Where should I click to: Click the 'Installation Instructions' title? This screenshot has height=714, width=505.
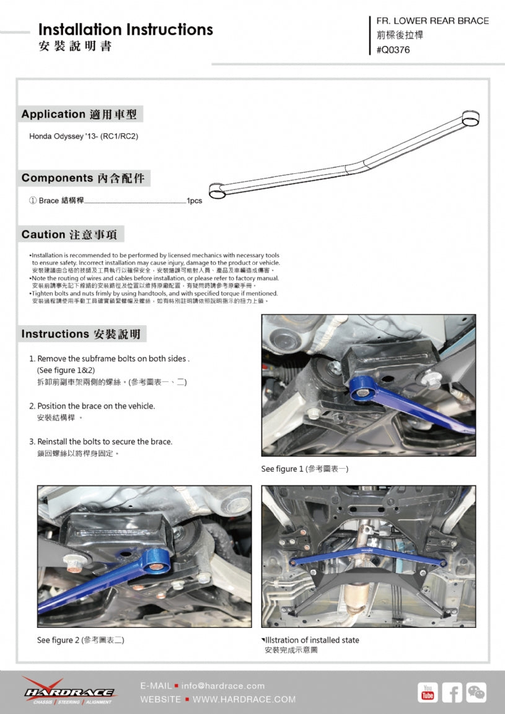(x=125, y=29)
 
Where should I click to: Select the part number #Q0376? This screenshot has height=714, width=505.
(x=393, y=50)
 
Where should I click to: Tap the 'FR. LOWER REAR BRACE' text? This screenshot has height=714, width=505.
(x=432, y=20)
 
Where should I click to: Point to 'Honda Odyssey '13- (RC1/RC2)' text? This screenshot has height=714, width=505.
(x=84, y=136)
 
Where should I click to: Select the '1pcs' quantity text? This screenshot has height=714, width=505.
(x=194, y=201)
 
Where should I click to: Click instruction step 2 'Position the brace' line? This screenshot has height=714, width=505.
(x=95, y=406)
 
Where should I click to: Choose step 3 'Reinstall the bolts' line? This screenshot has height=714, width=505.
(x=104, y=442)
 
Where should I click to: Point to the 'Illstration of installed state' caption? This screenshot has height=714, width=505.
(x=311, y=640)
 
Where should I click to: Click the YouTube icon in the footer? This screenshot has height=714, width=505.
(x=428, y=692)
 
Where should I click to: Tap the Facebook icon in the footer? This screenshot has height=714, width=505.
(x=452, y=692)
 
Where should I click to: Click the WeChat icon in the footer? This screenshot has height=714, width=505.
(x=476, y=692)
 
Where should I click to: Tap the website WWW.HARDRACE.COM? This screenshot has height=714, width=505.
(x=244, y=699)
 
